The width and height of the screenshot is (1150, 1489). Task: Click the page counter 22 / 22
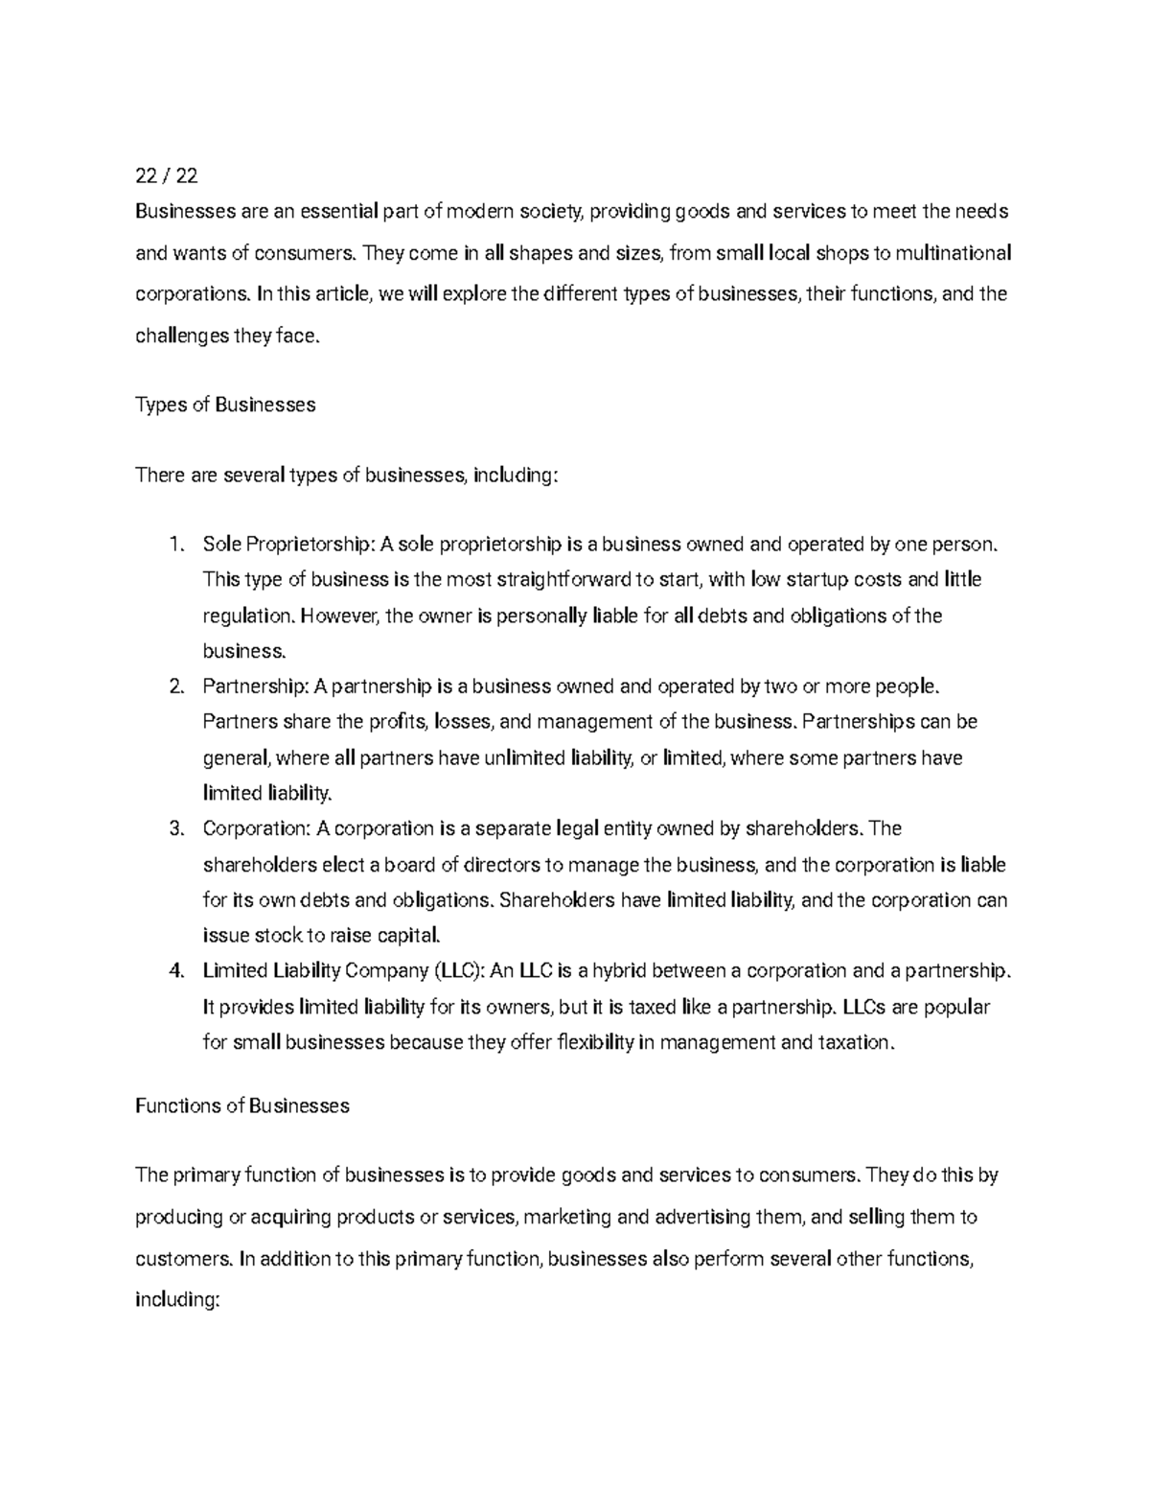pos(167,175)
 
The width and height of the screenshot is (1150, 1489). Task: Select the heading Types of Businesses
pos(225,405)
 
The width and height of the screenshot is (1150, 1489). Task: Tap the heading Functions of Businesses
pos(242,1105)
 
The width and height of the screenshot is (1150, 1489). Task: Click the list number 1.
pos(175,545)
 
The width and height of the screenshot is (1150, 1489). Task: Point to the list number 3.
pos(175,828)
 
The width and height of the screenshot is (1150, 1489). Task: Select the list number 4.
pos(175,970)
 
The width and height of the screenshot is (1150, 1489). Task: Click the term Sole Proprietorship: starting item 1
pos(288,545)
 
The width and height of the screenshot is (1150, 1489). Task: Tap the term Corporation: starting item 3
pos(257,828)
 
